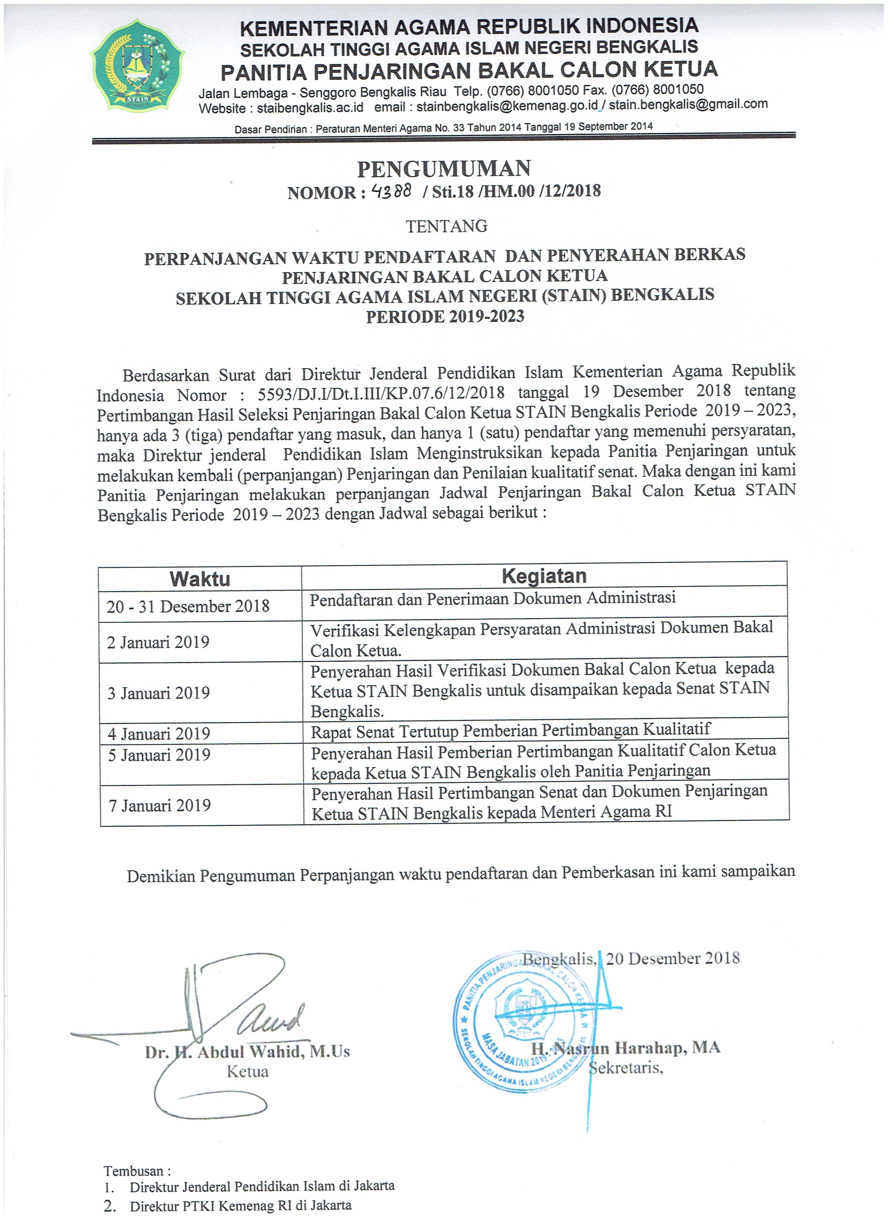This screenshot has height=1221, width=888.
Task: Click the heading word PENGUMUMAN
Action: pyautogui.click(x=444, y=169)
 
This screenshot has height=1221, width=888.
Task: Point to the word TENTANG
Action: pyautogui.click(x=446, y=226)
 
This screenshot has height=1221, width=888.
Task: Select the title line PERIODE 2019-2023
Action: pyautogui.click(x=445, y=316)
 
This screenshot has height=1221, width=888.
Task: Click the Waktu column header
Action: pyautogui.click(x=200, y=579)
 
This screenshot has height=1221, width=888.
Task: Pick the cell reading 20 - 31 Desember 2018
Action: pyautogui.click(x=188, y=606)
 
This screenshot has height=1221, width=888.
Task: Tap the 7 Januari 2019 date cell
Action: pyautogui.click(x=159, y=805)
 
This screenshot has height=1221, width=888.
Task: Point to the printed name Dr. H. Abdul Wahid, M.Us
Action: pyautogui.click(x=247, y=1051)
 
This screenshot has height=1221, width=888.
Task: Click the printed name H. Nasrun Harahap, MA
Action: pyautogui.click(x=625, y=1047)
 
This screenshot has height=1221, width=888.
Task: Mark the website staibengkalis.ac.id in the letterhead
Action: pyautogui.click(x=310, y=108)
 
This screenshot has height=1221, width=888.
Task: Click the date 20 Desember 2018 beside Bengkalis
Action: pyautogui.click(x=672, y=958)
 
